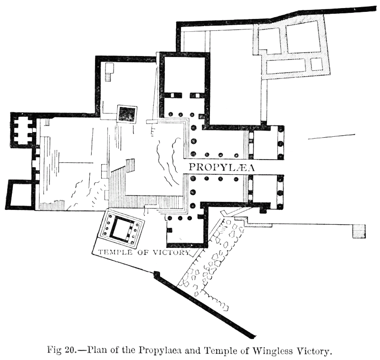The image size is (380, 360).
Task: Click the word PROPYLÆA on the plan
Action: tap(221, 167)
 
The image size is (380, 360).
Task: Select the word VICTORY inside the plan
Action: tap(171, 252)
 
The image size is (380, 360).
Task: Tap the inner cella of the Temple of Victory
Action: tap(121, 229)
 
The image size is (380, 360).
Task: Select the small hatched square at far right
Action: tap(359, 231)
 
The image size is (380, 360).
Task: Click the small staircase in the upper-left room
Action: tap(109, 72)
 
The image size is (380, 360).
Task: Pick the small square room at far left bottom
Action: tap(19, 194)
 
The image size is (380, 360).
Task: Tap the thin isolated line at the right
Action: tap(332, 137)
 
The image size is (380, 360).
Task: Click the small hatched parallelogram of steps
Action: tap(130, 165)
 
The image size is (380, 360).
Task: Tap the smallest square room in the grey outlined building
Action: tap(316, 64)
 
